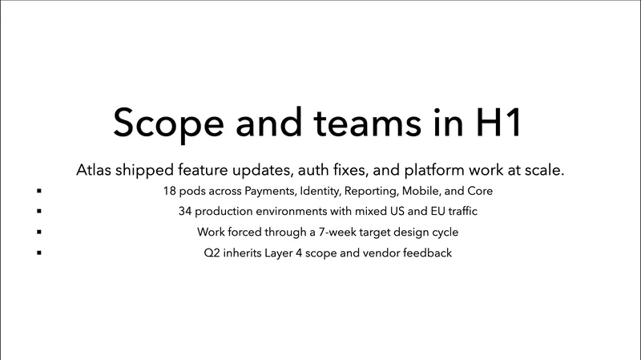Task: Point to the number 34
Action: click(186, 212)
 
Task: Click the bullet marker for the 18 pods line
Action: click(38, 192)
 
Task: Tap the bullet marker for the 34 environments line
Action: click(38, 212)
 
